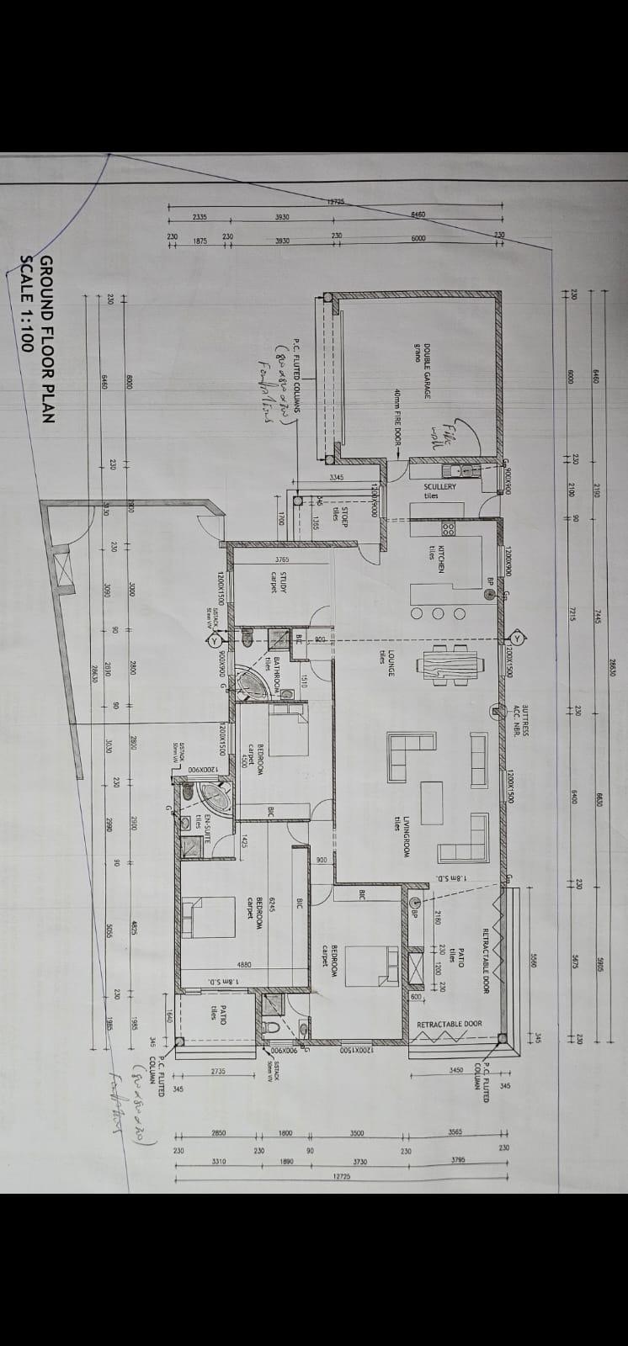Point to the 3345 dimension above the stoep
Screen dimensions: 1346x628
tap(337, 477)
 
